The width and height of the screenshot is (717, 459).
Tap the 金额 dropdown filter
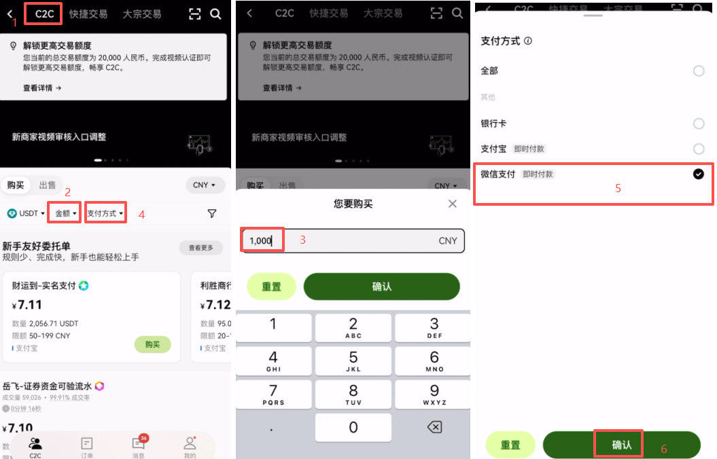(65, 213)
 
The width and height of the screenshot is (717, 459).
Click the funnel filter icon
(212, 213)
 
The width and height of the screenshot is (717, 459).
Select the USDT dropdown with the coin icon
(26, 213)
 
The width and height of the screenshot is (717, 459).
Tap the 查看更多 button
(201, 248)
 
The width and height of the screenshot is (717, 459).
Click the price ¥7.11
(28, 304)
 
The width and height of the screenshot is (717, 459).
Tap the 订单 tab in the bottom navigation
(87, 447)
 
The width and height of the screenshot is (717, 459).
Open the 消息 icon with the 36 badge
(139, 445)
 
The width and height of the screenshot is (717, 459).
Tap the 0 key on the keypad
(353, 427)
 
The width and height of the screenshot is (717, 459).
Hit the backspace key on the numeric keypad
(434, 427)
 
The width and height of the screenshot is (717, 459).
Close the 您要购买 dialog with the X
(453, 204)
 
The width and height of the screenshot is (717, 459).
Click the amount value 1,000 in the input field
(260, 241)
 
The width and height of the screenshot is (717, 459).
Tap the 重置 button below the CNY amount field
(271, 287)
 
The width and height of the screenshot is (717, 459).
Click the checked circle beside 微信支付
(698, 175)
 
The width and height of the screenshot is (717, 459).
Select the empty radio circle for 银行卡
(698, 124)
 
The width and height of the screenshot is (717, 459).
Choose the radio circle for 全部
(698, 71)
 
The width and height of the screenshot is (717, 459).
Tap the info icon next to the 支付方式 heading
(528, 41)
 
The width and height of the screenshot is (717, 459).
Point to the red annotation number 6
(664, 449)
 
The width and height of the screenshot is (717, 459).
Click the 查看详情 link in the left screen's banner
(42, 88)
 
